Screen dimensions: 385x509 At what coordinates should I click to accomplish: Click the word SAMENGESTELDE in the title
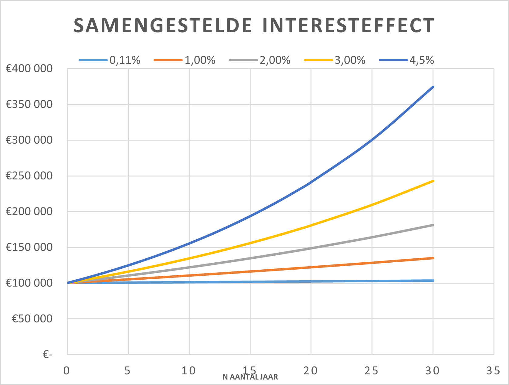163,26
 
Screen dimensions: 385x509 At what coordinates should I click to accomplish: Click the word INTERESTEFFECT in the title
348,26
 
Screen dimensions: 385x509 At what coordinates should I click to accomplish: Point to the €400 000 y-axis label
29,69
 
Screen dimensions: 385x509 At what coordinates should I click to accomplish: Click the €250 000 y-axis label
29,176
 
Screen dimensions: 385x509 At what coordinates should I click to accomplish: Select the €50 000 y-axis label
32,319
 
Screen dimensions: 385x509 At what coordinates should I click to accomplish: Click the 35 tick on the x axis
493,371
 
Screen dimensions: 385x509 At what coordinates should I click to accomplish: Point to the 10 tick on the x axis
188,371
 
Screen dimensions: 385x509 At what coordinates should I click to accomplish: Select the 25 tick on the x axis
372,371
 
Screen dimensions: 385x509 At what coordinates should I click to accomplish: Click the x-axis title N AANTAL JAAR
250,377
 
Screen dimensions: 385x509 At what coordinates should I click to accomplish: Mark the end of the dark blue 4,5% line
433,87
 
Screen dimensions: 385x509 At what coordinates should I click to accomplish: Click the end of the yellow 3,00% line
433,181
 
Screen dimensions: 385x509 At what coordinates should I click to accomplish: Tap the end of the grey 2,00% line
433,225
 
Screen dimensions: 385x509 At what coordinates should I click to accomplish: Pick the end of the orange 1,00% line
433,258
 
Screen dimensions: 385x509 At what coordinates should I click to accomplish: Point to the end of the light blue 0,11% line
433,281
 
